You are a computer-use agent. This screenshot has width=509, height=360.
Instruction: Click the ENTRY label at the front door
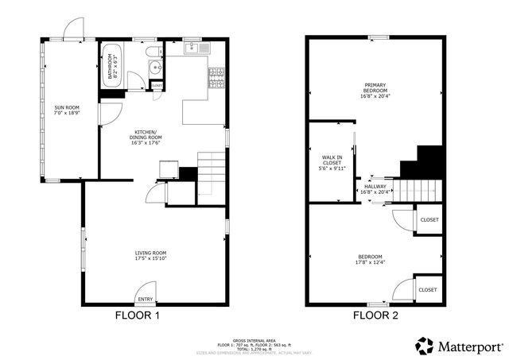(146, 299)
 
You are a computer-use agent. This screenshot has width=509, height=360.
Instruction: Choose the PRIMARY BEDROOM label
(375, 88)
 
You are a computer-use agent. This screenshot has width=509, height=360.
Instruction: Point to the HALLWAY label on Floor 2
(374, 186)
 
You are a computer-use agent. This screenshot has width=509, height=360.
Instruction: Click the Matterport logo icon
(425, 346)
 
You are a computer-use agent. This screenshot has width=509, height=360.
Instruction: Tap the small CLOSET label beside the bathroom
(157, 85)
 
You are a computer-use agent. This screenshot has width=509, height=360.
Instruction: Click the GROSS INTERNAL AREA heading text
(254, 339)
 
